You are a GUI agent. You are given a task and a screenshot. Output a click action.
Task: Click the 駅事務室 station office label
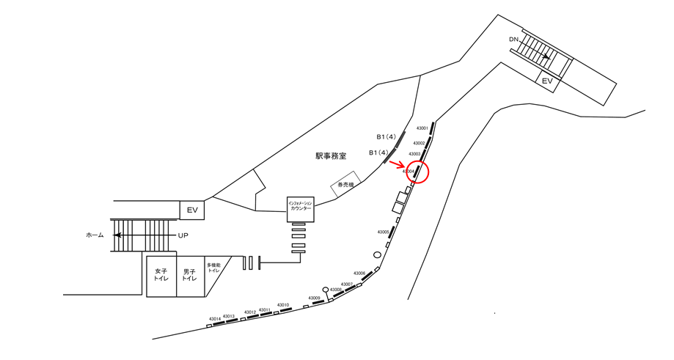(x=331, y=155)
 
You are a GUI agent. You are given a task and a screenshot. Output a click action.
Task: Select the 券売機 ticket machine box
(x=345, y=185)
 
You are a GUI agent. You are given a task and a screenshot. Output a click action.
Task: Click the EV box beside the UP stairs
(x=192, y=210)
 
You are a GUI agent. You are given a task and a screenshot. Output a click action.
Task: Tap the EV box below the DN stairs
(x=546, y=81)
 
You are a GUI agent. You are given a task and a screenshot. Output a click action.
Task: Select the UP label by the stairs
(x=183, y=235)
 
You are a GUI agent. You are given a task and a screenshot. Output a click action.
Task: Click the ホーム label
(x=95, y=235)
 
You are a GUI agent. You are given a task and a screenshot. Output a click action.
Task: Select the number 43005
(x=383, y=232)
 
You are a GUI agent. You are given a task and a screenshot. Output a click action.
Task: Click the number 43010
(x=282, y=304)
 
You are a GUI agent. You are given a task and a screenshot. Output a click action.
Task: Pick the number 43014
(x=214, y=319)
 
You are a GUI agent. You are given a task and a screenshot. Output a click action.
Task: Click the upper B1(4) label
(x=386, y=136)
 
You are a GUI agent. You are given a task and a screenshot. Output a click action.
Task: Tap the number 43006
(x=359, y=273)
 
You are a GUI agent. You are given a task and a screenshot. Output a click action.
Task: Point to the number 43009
(x=314, y=298)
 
